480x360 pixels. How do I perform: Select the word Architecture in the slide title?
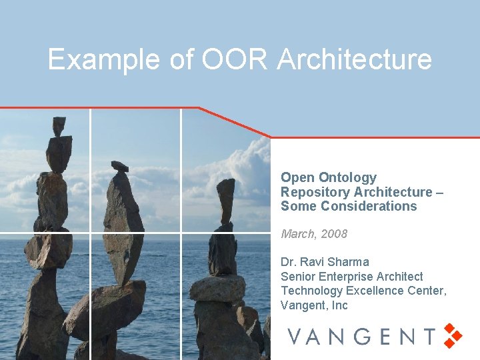tap(355, 59)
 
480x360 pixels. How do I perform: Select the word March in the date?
tap(297, 234)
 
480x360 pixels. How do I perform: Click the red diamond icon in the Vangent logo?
tap(453, 335)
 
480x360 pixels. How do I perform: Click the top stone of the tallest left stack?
tap(59, 125)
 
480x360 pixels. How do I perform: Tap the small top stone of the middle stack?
tap(120, 166)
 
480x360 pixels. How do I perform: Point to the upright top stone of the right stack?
tap(226, 200)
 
